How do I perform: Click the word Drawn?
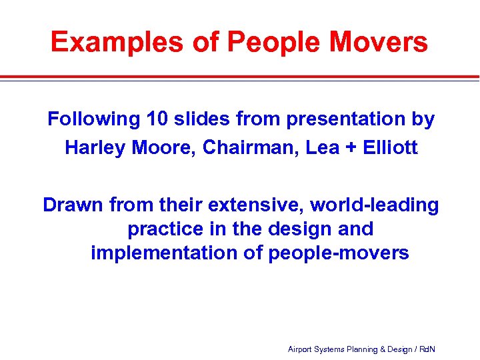coord(73,205)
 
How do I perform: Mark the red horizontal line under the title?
coord(240,77)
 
